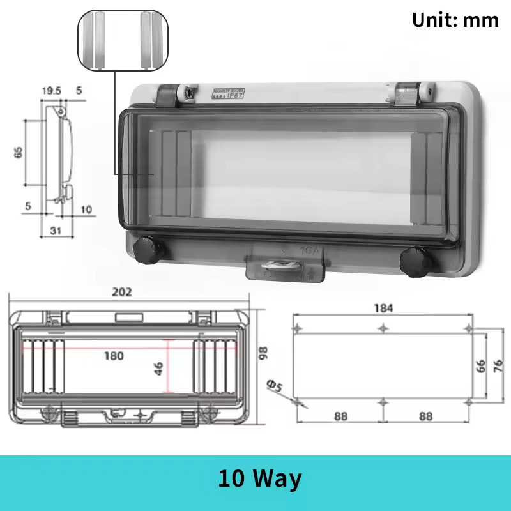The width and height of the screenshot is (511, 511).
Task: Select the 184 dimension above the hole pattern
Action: [x=383, y=308]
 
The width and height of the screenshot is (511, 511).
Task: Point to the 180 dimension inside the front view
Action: [x=114, y=356]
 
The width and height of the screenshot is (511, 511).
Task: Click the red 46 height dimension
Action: [x=159, y=368]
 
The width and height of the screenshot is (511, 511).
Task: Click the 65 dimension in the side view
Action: [x=19, y=152]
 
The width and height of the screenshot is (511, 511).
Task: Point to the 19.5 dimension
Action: [x=51, y=91]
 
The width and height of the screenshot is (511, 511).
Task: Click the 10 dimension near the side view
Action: [x=87, y=209]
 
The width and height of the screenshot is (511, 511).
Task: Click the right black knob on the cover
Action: [x=412, y=261]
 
